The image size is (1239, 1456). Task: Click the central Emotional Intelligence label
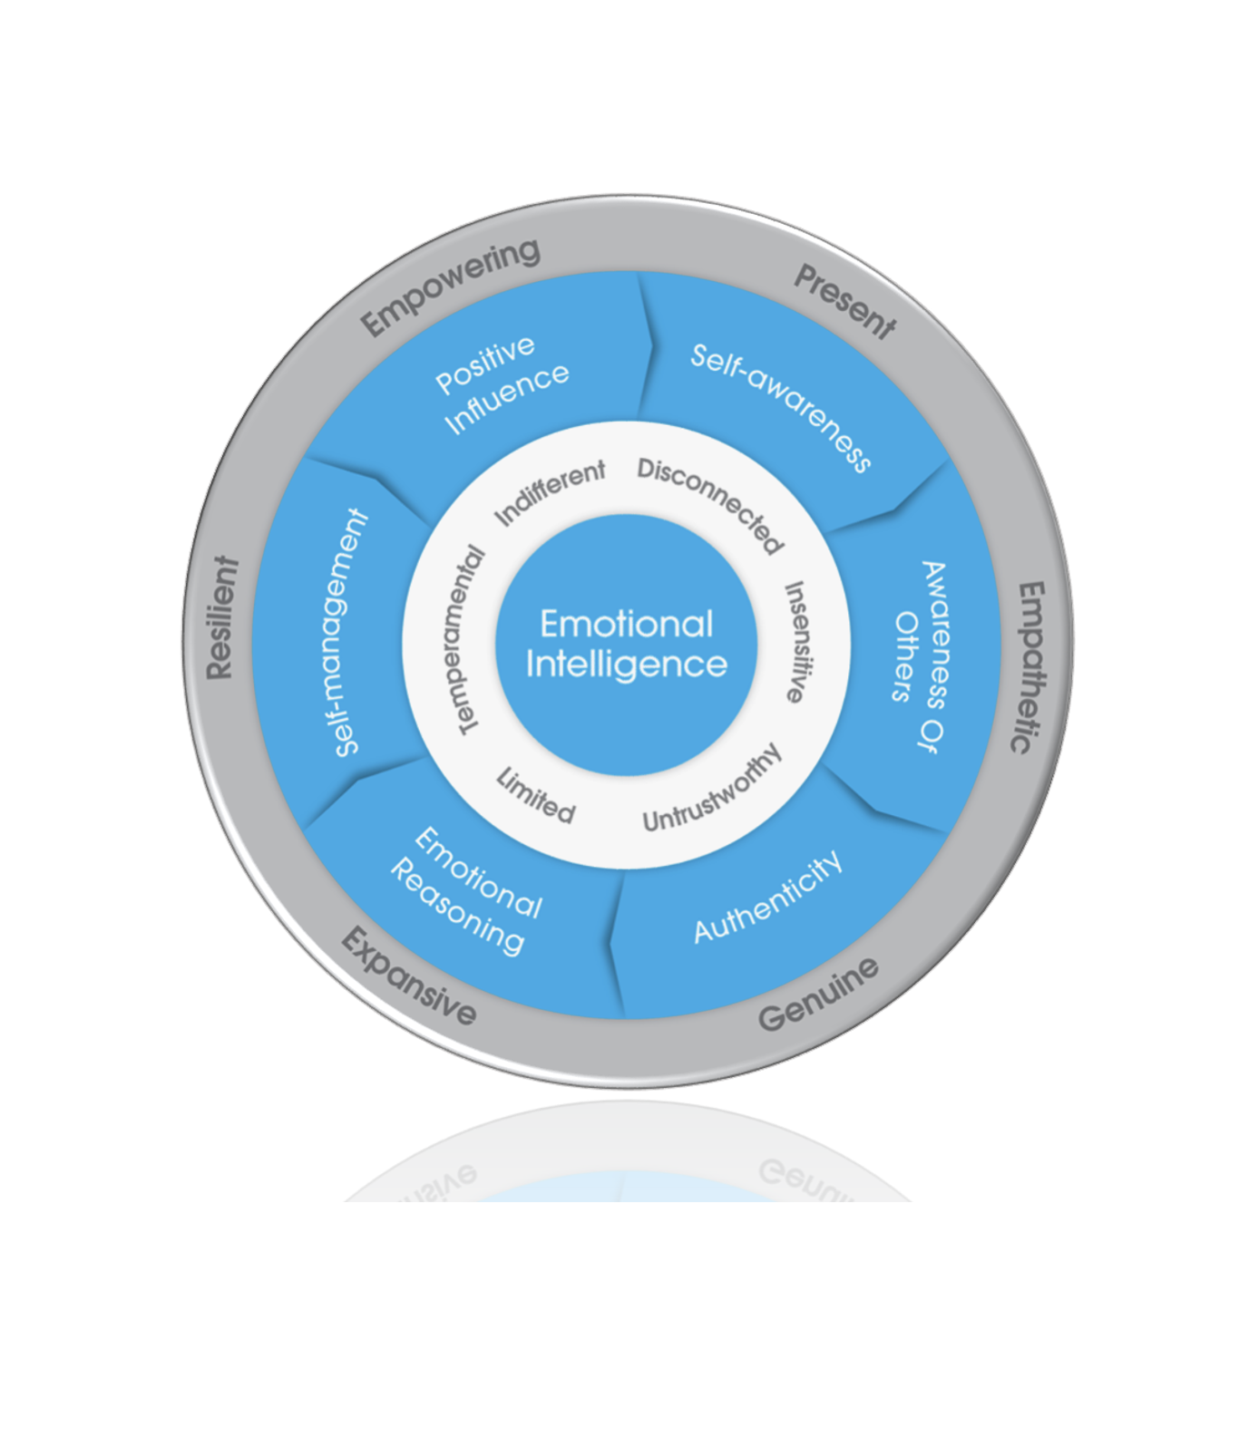626,644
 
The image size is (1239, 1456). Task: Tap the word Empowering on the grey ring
450,286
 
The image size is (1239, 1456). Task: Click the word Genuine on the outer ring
818,995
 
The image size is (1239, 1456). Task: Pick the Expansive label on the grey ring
409,977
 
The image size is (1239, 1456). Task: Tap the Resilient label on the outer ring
221,617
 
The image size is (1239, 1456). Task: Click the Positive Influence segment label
501,384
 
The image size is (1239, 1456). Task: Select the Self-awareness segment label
781,407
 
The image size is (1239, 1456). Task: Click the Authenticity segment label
768,898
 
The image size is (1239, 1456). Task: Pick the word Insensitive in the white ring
795,642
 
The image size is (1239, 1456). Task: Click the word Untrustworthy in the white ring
712,789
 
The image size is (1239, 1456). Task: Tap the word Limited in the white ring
536,795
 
